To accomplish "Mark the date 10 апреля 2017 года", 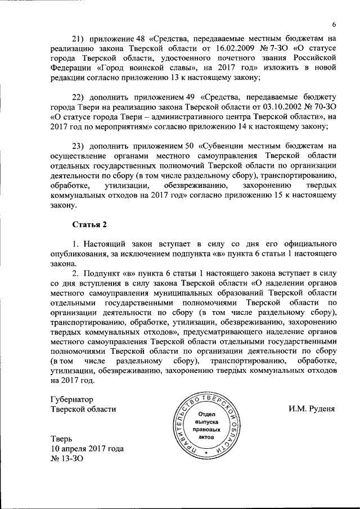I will coord(87,448).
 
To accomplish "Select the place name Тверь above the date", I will coord(61,438).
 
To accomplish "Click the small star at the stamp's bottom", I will coord(206,452).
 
